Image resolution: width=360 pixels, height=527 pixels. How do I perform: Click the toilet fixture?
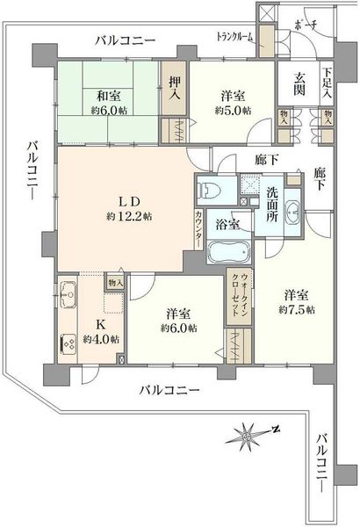coord(208,191)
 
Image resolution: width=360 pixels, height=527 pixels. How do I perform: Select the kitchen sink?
coord(68,295)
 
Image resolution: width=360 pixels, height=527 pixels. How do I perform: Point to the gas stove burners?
coord(68,343)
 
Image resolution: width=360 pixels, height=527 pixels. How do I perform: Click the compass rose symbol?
coord(248,437)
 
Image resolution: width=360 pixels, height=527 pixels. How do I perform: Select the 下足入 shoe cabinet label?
coord(328,83)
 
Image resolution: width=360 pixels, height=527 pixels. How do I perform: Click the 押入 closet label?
coord(175,88)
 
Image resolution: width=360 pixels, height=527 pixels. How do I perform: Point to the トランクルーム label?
coord(234,36)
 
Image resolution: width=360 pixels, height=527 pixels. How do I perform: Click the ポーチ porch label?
coord(306,25)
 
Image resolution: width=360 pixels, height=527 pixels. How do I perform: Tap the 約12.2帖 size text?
coord(129,217)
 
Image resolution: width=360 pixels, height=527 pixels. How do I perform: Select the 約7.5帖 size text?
coord(297,309)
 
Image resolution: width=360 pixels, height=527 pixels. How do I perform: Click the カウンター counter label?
coord(198,229)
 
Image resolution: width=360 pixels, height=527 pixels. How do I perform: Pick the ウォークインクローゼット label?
coord(241,294)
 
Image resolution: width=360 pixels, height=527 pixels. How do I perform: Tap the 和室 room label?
coord(109,97)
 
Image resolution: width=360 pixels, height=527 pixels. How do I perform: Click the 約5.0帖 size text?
coord(233,111)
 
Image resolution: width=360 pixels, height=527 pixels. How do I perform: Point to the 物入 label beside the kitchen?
coord(115,283)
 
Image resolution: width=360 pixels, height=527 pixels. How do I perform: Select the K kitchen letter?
coord(101,325)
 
